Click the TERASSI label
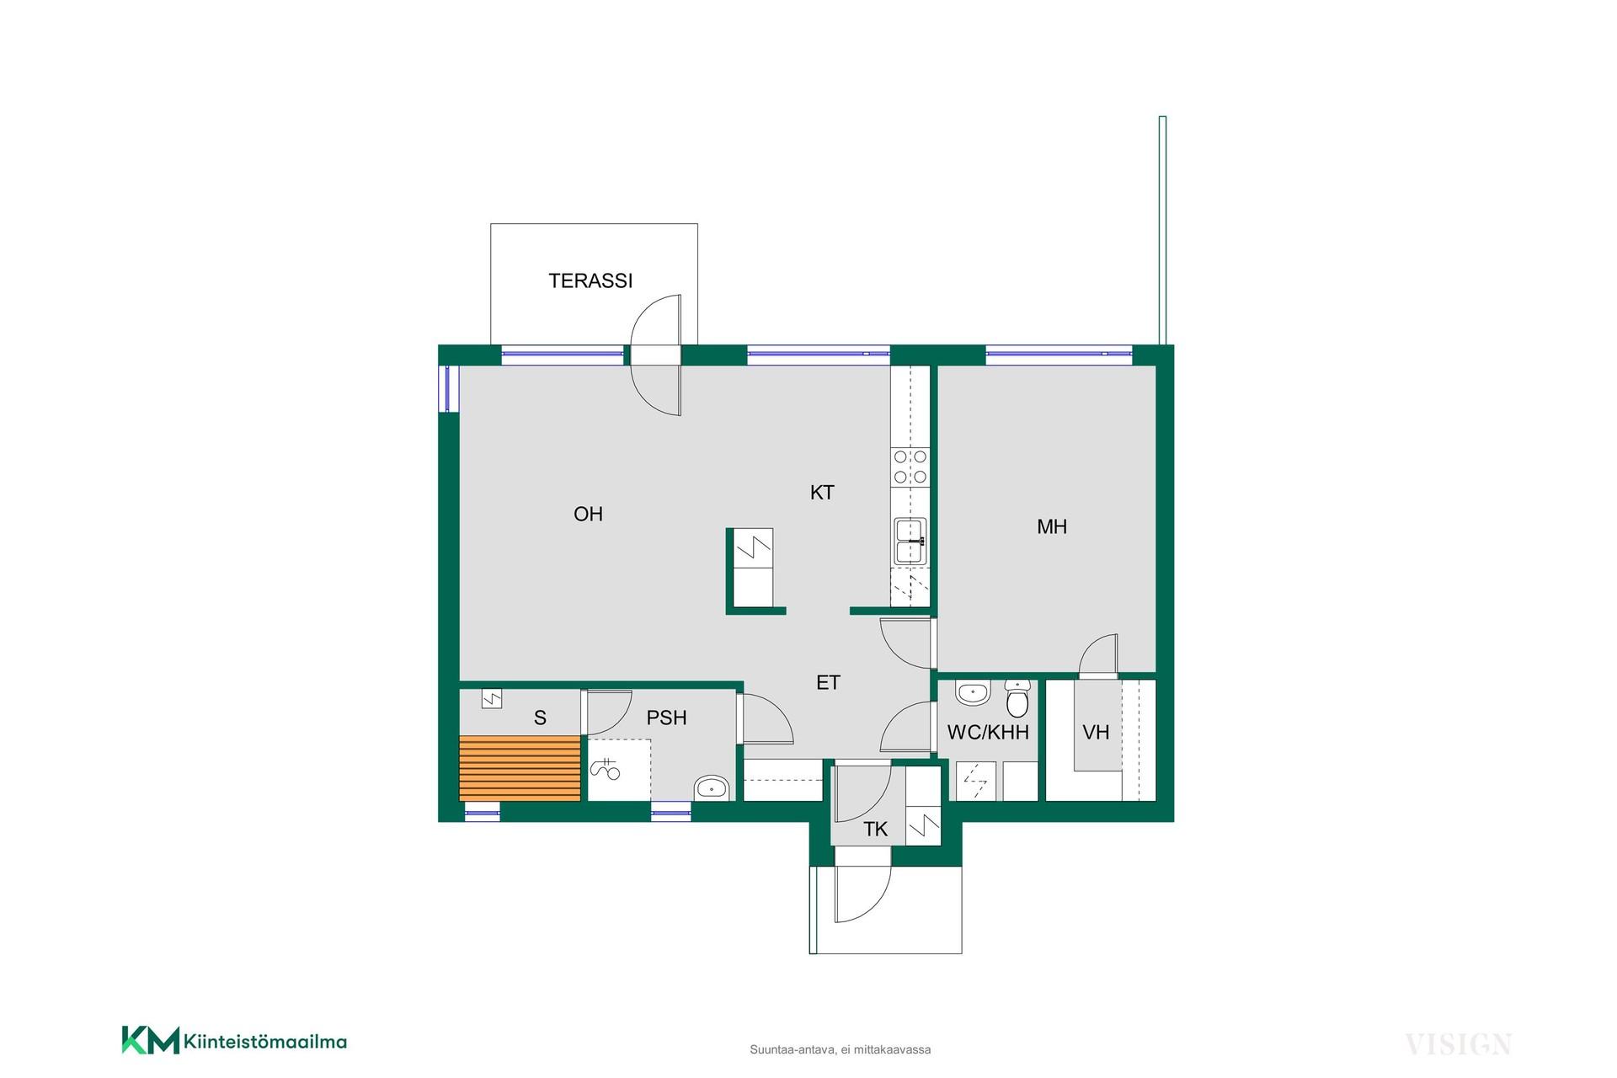[590, 280]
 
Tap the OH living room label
[588, 514]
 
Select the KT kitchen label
[822, 493]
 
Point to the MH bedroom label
[1052, 527]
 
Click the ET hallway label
[828, 683]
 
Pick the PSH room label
[666, 718]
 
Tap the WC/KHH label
[988, 733]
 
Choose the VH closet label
[1096, 733]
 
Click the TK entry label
[875, 830]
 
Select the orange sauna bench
[520, 768]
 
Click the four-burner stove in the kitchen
[910, 467]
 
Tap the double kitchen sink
[910, 541]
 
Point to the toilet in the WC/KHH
[1017, 696]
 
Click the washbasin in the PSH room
[712, 788]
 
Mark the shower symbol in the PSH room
[605, 768]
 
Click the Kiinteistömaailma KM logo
[234, 1041]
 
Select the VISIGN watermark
[1458, 1044]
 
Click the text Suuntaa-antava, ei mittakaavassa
[840, 1050]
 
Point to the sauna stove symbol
[491, 698]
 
